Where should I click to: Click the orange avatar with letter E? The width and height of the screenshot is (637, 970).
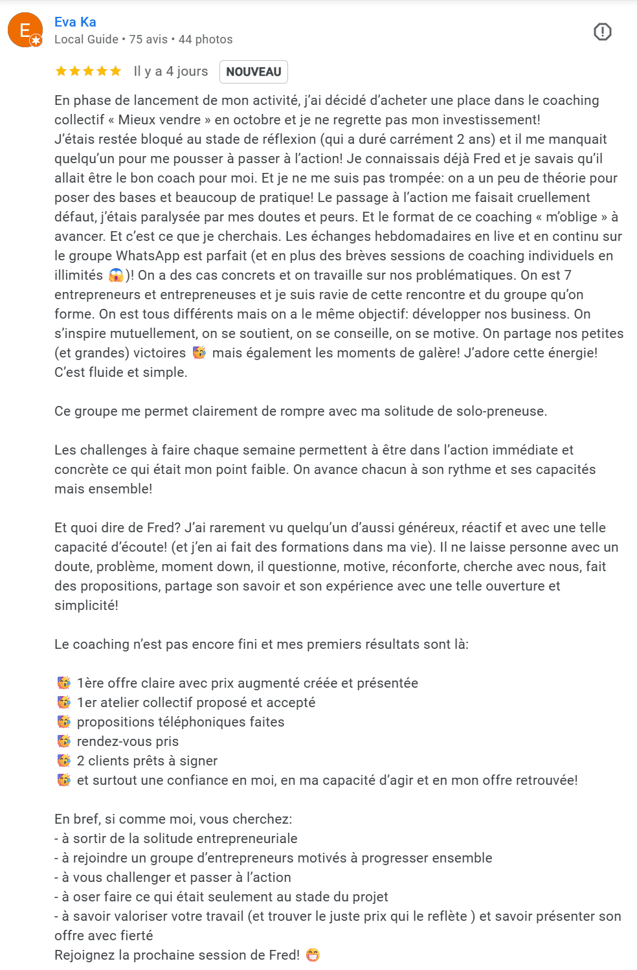tap(25, 30)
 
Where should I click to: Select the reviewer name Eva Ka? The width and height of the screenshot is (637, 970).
tap(75, 22)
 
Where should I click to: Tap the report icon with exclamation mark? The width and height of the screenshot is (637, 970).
tap(602, 32)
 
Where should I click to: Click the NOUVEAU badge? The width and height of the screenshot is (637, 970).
tap(253, 72)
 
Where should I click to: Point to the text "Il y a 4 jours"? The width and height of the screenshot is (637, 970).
tap(171, 71)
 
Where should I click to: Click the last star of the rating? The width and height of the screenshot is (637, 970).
tap(115, 71)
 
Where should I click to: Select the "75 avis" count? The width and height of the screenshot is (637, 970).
tap(148, 39)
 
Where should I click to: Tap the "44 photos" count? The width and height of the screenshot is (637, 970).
tap(205, 39)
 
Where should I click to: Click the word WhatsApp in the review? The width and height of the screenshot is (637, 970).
tap(144, 256)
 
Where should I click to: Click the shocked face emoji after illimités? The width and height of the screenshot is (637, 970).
tap(117, 275)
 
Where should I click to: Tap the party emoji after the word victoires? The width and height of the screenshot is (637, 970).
tap(199, 353)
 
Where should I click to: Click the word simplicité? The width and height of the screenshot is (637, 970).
tap(86, 605)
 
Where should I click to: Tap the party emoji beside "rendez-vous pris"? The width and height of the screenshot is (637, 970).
tap(64, 741)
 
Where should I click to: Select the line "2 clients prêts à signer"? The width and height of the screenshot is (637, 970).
tap(147, 761)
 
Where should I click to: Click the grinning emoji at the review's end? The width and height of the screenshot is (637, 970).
tap(313, 955)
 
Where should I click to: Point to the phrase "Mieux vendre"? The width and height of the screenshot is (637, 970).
tap(159, 120)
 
